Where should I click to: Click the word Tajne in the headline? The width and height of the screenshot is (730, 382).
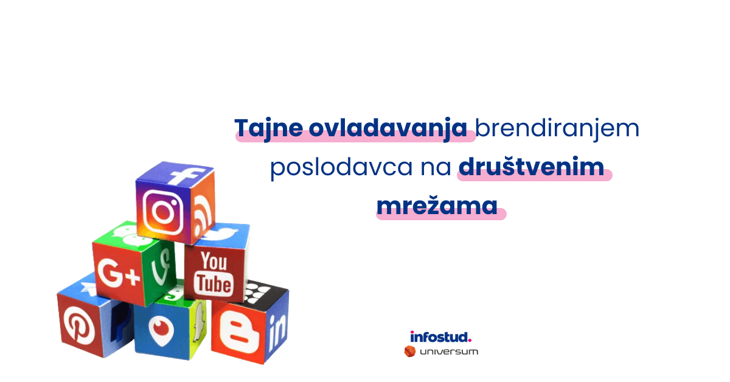click(x=268, y=128)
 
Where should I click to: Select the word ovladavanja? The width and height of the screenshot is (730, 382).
click(x=388, y=128)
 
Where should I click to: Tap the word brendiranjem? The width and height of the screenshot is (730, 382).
click(x=557, y=128)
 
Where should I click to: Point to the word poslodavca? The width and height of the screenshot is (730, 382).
click(x=341, y=167)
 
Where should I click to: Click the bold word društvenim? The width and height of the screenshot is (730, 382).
click(x=531, y=166)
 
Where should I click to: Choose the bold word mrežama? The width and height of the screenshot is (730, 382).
click(x=437, y=206)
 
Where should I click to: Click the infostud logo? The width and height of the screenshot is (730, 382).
click(x=440, y=337)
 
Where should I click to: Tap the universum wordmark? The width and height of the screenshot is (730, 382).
click(x=449, y=352)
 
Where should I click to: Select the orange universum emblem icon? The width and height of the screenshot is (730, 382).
click(x=410, y=352)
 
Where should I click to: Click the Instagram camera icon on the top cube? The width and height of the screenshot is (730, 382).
click(x=162, y=212)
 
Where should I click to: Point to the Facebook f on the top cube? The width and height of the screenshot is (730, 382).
click(x=186, y=175)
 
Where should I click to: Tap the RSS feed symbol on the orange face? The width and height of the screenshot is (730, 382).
click(x=203, y=216)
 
